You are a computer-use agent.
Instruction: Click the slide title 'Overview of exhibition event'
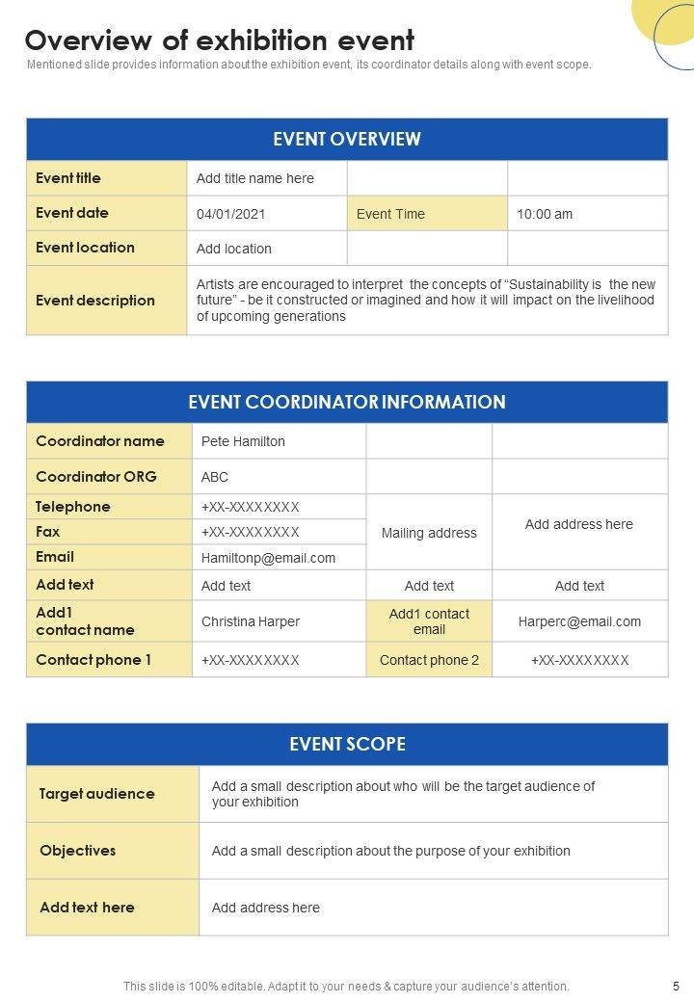(220, 40)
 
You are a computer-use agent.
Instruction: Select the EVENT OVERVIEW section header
(347, 139)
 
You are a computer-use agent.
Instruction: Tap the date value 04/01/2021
(231, 214)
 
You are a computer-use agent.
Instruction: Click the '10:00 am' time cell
(545, 214)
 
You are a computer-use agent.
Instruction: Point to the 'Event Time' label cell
(390, 214)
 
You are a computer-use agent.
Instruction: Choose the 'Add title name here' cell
(255, 178)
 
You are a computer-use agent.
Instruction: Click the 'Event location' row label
(85, 248)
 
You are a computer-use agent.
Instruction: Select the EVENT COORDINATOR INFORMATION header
(347, 402)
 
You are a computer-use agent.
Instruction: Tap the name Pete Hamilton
(243, 441)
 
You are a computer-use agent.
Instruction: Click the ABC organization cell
(215, 477)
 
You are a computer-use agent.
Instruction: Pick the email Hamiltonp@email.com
(268, 558)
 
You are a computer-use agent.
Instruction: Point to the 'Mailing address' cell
(429, 533)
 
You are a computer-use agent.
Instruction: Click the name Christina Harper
(251, 621)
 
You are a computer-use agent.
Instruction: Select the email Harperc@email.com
(579, 621)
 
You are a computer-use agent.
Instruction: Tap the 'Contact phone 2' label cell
(429, 660)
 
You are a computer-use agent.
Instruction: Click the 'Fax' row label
(48, 532)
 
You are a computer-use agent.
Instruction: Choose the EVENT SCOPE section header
(347, 744)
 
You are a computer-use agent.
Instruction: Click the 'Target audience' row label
(96, 794)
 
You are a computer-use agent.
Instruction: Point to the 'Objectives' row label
(77, 851)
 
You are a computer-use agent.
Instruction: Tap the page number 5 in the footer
(676, 987)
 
